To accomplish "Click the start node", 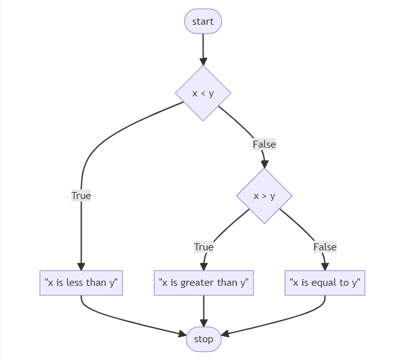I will (x=203, y=22).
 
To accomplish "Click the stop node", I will (x=203, y=339).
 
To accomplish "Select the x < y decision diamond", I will (x=203, y=93).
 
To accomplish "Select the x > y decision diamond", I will (x=264, y=196).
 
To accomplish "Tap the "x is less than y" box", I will (x=81, y=283).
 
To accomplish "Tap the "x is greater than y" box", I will (x=203, y=283).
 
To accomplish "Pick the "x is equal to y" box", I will (x=325, y=283).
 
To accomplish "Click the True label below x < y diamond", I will (x=81, y=196).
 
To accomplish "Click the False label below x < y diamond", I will (x=264, y=145).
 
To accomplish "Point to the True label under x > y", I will (x=203, y=247).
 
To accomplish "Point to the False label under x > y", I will (x=325, y=247).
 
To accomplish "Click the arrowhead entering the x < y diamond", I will (x=203, y=62).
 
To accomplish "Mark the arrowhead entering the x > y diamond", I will (x=264, y=164).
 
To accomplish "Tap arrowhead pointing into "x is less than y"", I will (x=81, y=266).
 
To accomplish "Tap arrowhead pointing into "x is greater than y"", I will (x=203, y=266).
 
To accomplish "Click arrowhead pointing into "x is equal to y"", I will (x=325, y=266).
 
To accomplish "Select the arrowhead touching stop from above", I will (x=203, y=323).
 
